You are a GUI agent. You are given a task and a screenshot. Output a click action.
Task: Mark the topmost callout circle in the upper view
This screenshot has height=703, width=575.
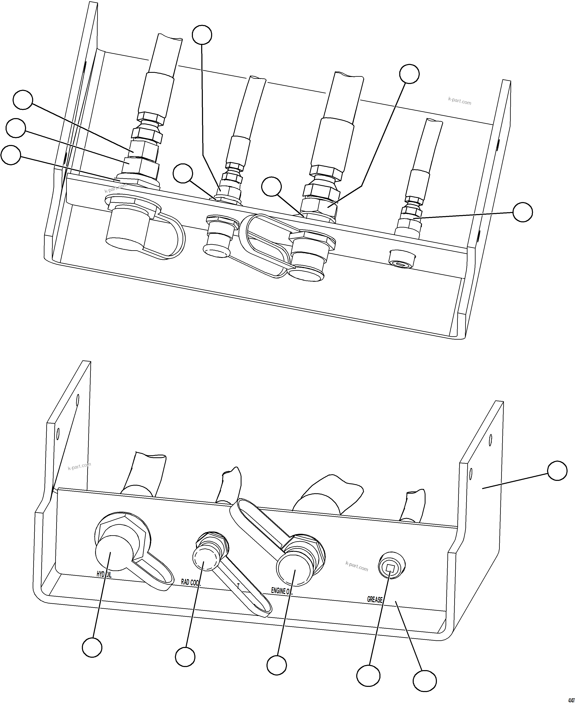202,35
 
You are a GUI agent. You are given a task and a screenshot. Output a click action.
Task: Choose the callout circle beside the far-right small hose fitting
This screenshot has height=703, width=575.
522,212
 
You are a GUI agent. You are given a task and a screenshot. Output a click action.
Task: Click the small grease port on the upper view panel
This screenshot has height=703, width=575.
402,261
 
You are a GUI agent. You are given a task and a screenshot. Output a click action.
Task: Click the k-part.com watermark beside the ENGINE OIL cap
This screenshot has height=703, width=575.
356,566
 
